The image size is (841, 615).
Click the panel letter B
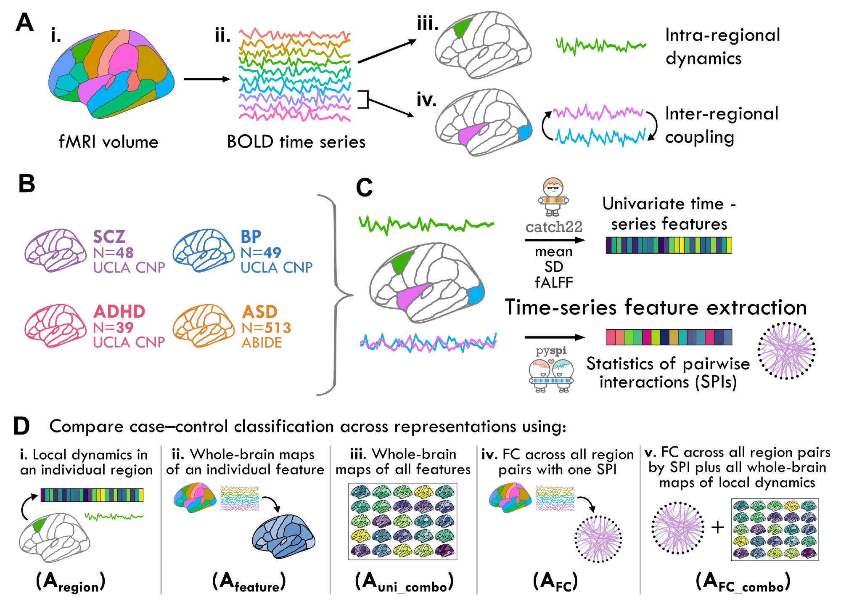[27, 184]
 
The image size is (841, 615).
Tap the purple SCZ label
[109, 237]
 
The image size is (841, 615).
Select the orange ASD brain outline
[203, 325]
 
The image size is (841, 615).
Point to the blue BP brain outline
[203, 250]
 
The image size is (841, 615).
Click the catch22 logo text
[554, 227]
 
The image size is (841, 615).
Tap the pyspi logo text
[551, 351]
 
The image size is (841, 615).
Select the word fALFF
[554, 282]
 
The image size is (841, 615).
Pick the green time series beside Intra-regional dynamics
[600, 45]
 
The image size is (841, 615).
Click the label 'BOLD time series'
[296, 142]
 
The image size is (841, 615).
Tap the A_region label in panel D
[70, 582]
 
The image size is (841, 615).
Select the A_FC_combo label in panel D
[743, 582]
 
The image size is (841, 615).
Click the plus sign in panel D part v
[717, 527]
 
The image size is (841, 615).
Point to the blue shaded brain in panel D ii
[283, 536]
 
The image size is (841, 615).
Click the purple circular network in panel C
[786, 351]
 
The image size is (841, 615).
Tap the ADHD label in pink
[119, 312]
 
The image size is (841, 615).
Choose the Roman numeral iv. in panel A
[426, 100]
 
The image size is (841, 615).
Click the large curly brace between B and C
[335, 294]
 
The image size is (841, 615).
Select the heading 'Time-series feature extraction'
[656, 307]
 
